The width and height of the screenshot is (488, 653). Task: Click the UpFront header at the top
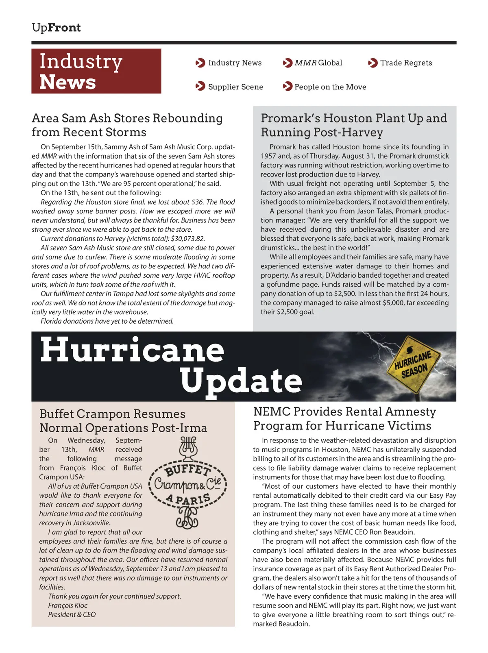pyautogui.click(x=56, y=28)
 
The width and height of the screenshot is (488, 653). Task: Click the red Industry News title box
pyautogui.click(x=96, y=71)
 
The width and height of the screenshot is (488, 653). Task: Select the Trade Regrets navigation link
pyautogui.click(x=406, y=63)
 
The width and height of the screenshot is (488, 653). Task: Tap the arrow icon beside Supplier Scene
pyautogui.click(x=200, y=87)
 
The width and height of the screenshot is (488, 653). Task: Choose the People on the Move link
pyautogui.click(x=330, y=87)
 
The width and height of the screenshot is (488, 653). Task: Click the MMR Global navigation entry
pyautogui.click(x=318, y=63)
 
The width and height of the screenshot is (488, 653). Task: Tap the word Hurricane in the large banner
pyautogui.click(x=132, y=350)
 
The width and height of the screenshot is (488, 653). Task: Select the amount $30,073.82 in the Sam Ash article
pyautogui.click(x=188, y=239)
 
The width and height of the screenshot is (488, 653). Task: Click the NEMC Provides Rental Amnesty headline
pyautogui.click(x=344, y=418)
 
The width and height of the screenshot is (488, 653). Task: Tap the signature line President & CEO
pyautogui.click(x=72, y=614)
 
